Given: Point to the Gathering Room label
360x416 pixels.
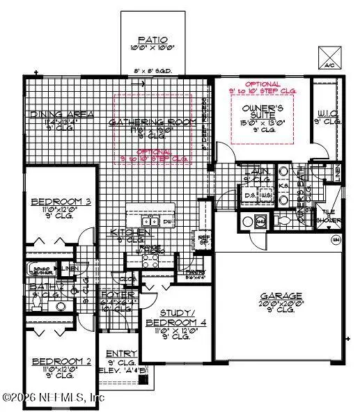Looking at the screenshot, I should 143,121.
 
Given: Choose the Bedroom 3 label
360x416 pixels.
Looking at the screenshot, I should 54,202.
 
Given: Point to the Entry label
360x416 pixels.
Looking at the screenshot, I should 118,355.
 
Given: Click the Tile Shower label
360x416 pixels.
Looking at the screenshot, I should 332,217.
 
